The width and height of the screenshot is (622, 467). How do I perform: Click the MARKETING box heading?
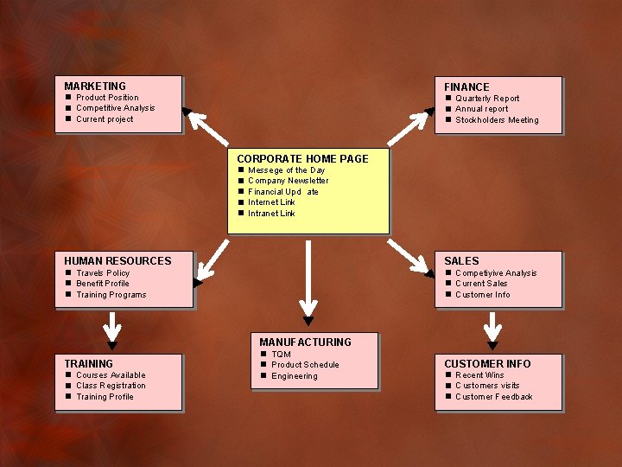pos(95,86)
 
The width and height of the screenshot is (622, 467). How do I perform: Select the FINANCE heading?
pos(466,87)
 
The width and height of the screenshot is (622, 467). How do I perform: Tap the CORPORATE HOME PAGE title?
pos(302,159)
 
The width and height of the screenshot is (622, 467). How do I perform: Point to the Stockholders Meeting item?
pos(497,120)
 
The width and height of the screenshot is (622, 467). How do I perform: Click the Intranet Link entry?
pos(271,214)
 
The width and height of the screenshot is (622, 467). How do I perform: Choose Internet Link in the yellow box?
pos(271,202)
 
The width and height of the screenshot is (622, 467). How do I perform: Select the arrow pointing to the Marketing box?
pos(205,126)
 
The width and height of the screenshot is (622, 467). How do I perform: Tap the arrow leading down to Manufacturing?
pos(308,283)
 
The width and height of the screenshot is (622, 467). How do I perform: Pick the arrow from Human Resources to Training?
pos(112,330)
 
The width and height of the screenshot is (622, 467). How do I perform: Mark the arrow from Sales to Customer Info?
pos(492,330)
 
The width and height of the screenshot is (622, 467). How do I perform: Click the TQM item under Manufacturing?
pos(281,354)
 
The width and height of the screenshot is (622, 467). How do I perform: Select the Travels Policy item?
pos(103,272)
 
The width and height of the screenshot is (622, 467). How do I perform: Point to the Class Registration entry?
pos(111,386)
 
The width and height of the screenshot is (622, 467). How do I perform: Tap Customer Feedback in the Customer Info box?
pos(494,397)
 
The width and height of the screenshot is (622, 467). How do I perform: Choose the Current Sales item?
pos(481,283)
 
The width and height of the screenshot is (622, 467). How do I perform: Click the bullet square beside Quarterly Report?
pos(448,98)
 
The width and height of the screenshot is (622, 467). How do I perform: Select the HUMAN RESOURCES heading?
pos(117,261)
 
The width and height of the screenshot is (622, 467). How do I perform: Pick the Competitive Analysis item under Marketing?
pos(116,108)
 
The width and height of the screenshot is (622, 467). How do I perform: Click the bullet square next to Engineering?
pos(263,375)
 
